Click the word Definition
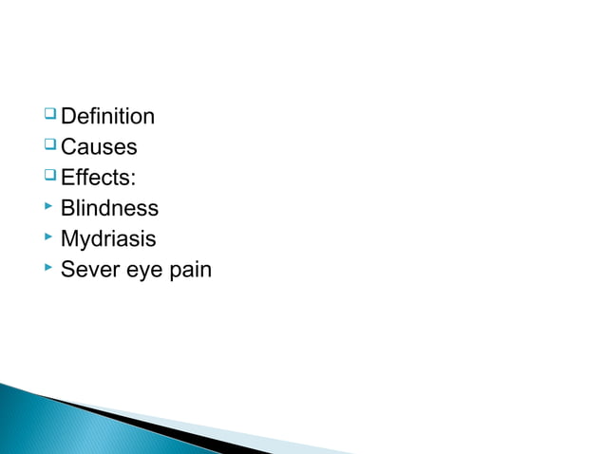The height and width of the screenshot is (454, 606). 107,117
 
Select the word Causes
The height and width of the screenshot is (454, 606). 99,147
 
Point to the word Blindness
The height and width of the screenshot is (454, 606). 109,208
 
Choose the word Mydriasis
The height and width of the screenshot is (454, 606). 107,239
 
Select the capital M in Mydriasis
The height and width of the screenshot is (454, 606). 68,238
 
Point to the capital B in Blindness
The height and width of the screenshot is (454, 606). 67,208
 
